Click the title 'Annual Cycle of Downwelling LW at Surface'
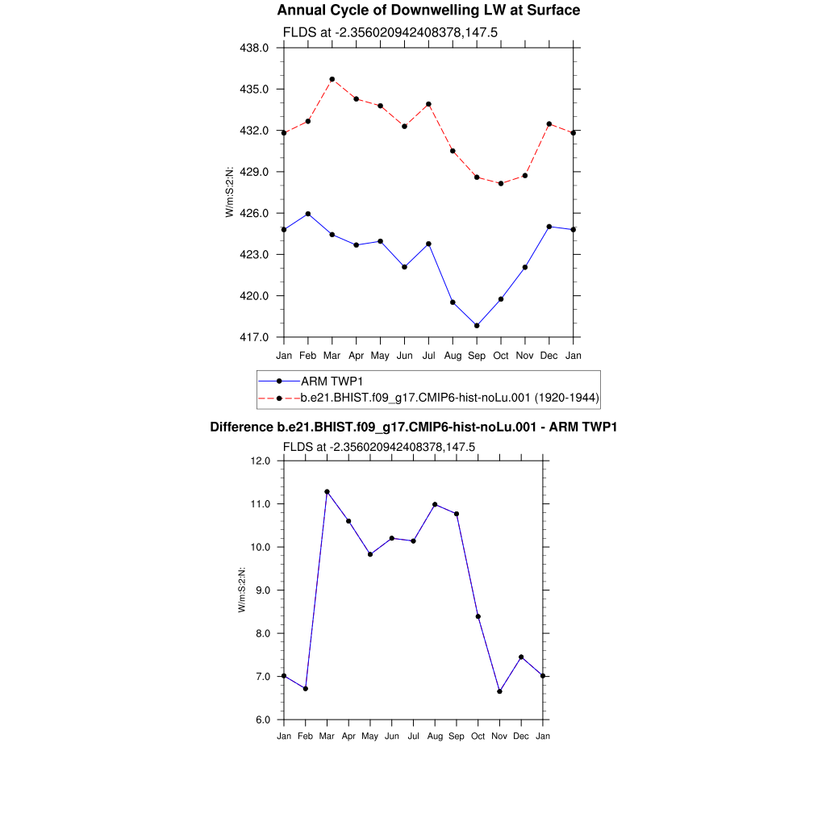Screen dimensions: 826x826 pos(428,10)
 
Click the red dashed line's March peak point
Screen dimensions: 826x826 pos(332,79)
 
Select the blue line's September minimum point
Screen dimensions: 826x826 pos(477,326)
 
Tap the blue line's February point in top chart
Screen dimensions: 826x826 pos(307,214)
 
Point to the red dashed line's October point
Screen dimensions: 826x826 pos(501,184)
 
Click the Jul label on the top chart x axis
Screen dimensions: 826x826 pos(428,355)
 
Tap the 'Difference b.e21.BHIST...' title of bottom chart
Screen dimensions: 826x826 pos(413,427)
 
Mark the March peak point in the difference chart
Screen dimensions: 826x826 pos(327,491)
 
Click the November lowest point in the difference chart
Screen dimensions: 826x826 pos(500,691)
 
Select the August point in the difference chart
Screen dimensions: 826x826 pos(435,504)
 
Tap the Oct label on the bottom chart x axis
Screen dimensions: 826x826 pos(478,736)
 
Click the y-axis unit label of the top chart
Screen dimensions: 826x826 pos(230,192)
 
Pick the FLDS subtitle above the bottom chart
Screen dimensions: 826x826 pos(378,447)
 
